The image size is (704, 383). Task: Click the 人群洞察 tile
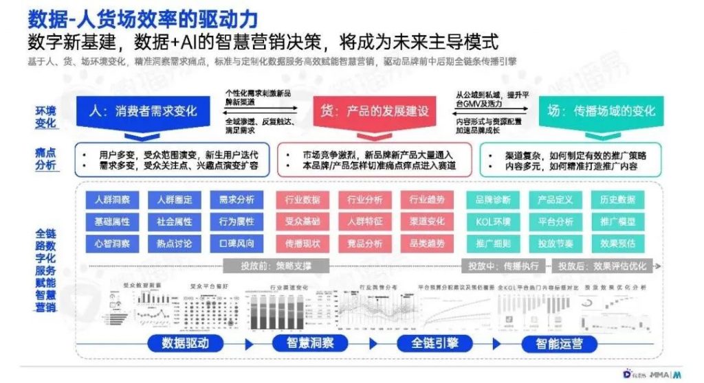click(x=113, y=200)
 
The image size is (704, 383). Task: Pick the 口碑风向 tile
click(x=236, y=244)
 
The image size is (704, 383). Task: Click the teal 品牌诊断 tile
click(x=493, y=200)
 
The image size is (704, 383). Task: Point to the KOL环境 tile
click(x=493, y=222)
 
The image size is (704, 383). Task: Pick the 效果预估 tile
click(x=617, y=244)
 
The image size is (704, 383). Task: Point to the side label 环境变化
click(x=46, y=117)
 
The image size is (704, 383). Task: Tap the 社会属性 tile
click(x=174, y=222)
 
